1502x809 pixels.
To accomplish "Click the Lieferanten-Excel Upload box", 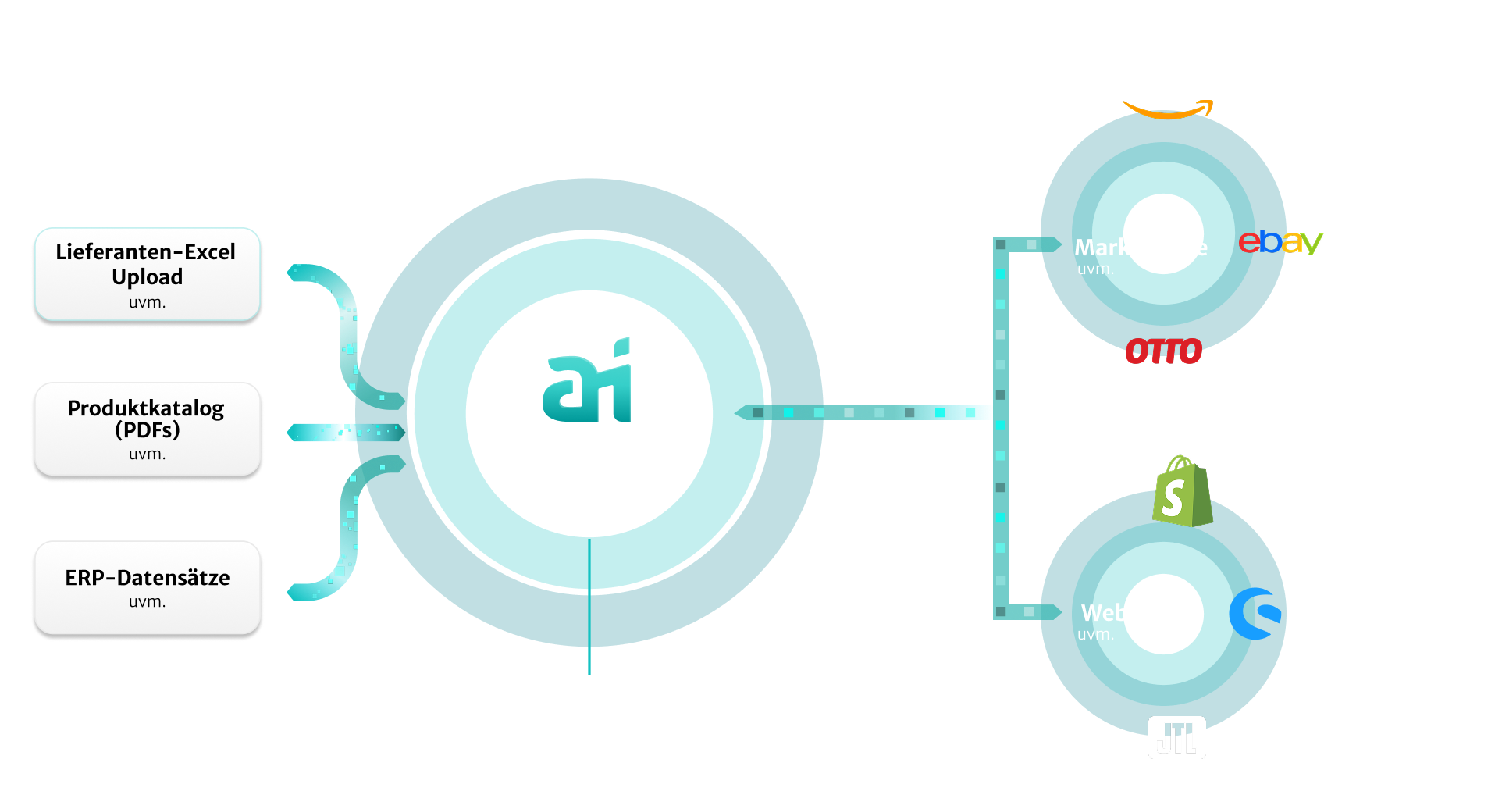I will [147, 274].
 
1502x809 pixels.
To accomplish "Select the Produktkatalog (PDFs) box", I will [147, 429].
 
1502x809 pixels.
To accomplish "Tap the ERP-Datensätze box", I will [147, 586].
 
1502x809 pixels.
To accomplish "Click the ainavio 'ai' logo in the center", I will [588, 380].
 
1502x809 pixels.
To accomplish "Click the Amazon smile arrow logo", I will [1168, 110].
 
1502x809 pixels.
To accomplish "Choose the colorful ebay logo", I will [1280, 242].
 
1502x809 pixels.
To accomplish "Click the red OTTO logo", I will [1163, 351].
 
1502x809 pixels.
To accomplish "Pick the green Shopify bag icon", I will [1182, 492].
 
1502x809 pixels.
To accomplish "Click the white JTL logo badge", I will [1176, 737].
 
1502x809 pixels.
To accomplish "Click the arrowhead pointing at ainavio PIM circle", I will [744, 412].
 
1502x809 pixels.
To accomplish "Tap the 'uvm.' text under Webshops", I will [1095, 635].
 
